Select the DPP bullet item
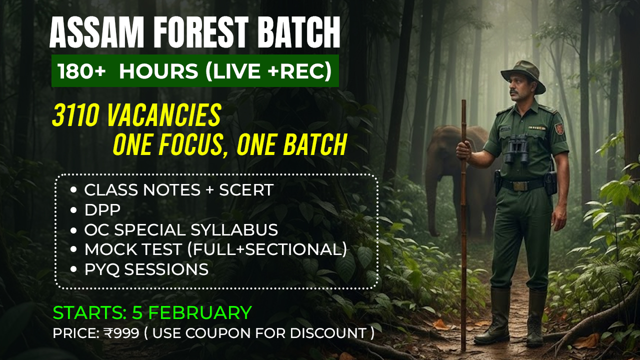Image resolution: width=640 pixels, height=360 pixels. [x=102, y=210]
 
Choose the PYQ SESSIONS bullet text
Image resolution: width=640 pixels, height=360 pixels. [x=146, y=269]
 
